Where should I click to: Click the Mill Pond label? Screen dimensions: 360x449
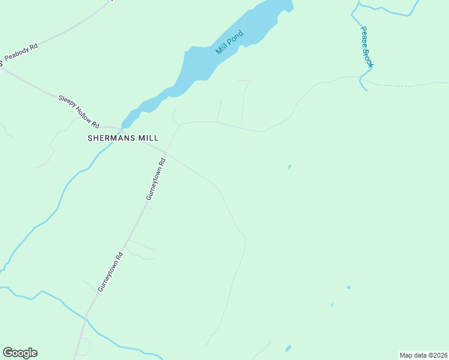(229, 42)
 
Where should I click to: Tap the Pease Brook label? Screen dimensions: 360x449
(366, 46)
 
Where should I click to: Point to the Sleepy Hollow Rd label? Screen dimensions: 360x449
(79, 111)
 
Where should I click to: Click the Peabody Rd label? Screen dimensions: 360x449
(21, 54)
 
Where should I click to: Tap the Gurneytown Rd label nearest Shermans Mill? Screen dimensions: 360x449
(155, 179)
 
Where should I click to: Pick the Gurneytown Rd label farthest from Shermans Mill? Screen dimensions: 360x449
(110, 272)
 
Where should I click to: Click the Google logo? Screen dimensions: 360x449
(20, 353)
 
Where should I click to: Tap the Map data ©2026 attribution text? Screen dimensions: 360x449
(423, 355)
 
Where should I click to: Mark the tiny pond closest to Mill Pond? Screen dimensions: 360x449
(289, 167)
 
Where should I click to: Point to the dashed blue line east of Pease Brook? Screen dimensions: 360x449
(408, 85)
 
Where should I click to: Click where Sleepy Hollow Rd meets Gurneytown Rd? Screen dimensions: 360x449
(165, 152)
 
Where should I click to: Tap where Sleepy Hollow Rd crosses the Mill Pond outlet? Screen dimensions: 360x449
(121, 128)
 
